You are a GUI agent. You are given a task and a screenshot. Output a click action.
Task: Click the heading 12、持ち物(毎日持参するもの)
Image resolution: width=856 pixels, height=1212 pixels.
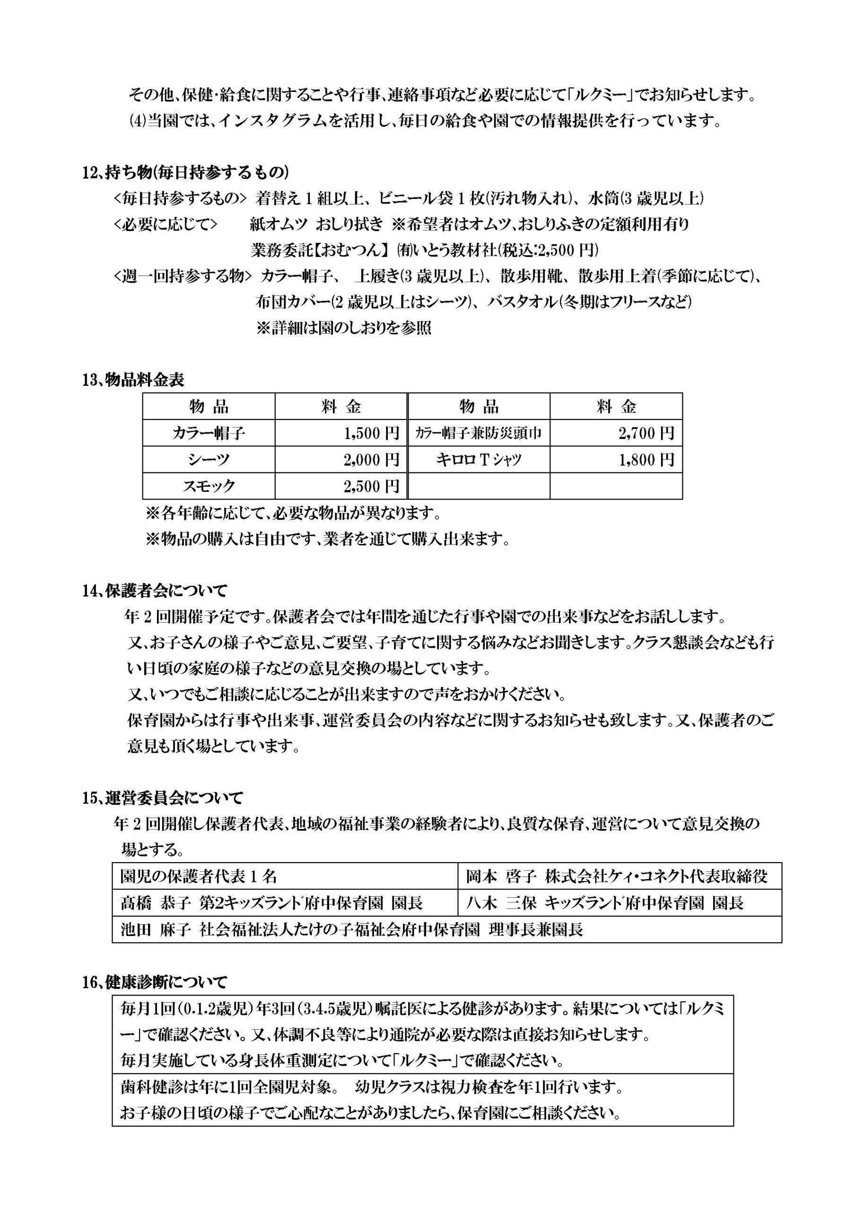point(185,173)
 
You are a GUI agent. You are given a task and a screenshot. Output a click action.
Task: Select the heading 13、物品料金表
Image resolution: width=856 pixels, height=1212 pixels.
point(133,380)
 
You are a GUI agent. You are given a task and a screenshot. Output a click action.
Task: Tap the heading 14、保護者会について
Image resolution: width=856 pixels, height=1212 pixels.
point(155,590)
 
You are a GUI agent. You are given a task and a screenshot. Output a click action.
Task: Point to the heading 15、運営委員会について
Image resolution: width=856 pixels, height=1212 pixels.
point(162,798)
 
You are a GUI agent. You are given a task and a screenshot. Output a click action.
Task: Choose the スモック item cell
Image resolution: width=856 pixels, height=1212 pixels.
point(209,486)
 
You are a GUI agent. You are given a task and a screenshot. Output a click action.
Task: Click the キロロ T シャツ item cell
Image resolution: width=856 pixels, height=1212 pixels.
point(479,460)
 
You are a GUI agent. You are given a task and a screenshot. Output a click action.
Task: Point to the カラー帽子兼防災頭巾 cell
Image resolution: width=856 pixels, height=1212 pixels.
point(479,433)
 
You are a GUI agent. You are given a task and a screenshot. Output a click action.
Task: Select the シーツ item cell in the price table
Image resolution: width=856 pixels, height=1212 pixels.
point(209,460)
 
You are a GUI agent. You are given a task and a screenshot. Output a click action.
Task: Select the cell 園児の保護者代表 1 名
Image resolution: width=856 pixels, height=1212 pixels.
point(199,877)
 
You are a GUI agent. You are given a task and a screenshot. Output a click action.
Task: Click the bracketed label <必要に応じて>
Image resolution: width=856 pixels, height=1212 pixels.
point(165,224)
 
